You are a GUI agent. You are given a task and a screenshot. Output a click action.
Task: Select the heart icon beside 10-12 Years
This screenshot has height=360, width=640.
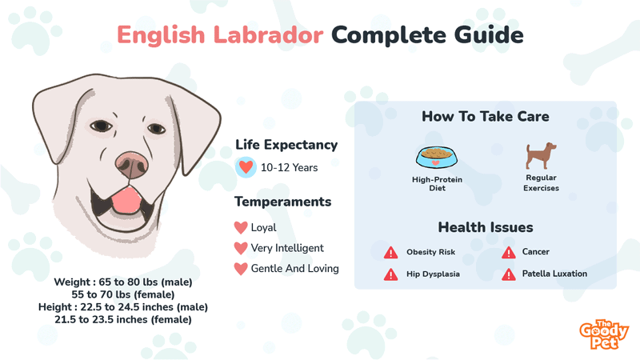pos(246,167)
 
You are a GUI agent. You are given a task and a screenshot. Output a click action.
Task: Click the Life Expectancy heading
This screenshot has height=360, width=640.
pos(286,145)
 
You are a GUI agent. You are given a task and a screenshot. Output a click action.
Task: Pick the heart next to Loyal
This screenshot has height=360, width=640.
pos(240,228)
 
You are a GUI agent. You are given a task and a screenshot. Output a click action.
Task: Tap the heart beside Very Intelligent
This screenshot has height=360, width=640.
pos(240,248)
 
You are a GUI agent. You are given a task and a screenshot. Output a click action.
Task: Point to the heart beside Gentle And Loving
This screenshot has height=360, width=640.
pos(240,269)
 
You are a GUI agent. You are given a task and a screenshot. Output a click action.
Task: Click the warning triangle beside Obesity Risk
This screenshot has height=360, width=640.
pos(390,253)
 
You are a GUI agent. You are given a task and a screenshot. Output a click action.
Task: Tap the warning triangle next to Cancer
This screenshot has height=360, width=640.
pos(508,253)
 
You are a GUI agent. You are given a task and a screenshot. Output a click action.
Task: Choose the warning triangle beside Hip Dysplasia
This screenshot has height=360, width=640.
pos(390,274)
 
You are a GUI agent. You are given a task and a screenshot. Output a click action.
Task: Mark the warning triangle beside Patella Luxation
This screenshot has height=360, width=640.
pos(508,274)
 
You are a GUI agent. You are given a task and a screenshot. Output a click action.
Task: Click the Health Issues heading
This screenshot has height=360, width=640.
pos(485,228)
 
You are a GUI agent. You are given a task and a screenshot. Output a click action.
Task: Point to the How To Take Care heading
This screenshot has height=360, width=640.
pos(485,117)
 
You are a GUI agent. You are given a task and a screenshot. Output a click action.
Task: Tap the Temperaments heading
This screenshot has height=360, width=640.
pos(283,202)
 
